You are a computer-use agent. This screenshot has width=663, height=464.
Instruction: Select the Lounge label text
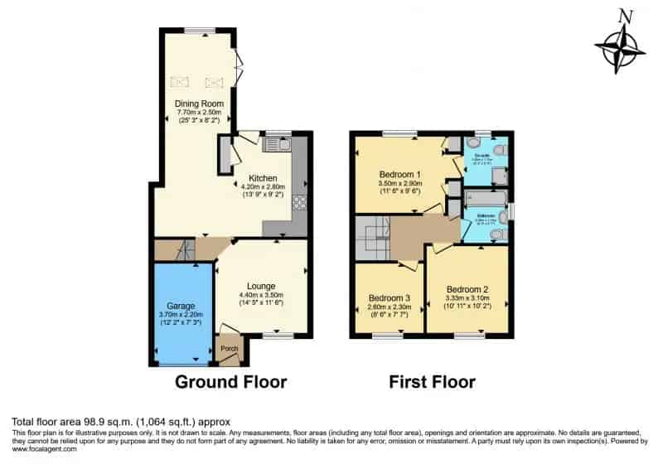(261, 286)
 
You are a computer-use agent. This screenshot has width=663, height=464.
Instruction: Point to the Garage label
(181, 306)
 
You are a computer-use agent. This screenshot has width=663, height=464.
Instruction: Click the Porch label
(229, 349)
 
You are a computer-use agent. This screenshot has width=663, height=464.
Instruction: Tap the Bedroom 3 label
(390, 297)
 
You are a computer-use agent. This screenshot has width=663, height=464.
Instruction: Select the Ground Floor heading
(230, 382)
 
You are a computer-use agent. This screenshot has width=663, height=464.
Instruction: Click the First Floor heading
(433, 382)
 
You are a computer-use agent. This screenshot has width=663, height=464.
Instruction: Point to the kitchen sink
(275, 146)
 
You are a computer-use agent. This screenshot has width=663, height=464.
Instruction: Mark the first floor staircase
(372, 237)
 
